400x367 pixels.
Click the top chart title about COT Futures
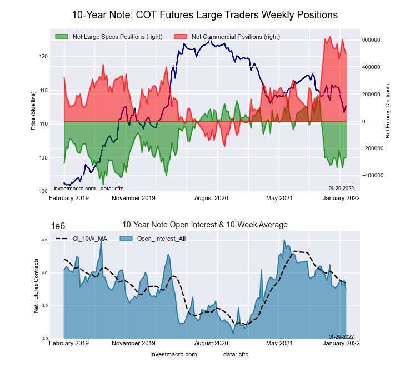click(204, 14)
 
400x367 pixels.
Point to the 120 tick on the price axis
click(44, 57)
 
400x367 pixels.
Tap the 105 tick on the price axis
click(44, 158)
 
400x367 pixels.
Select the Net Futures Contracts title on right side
click(387, 111)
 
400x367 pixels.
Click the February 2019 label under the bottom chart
click(69, 345)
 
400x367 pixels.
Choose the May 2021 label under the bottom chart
click(279, 345)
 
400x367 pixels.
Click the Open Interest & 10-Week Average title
click(205, 225)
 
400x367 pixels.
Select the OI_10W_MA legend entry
click(89, 239)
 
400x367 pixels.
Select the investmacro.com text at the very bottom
click(174, 354)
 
